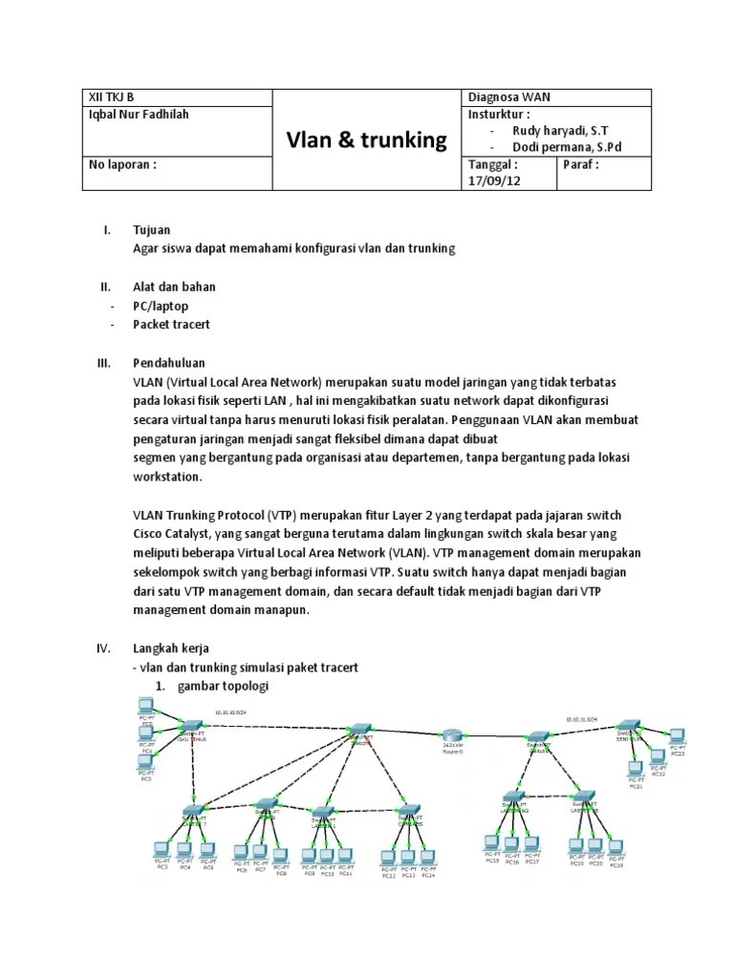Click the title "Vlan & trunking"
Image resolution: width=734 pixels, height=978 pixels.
pyautogui.click(x=367, y=140)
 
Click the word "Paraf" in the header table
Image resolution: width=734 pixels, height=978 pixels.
pyautogui.click(x=581, y=163)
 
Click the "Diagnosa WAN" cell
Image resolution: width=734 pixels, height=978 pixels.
pyautogui.click(x=508, y=97)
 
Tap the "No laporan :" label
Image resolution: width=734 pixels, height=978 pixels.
pyautogui.click(x=122, y=163)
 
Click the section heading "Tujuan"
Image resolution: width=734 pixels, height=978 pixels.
pyautogui.click(x=151, y=230)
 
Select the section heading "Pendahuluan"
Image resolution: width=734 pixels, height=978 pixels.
pyautogui.click(x=168, y=364)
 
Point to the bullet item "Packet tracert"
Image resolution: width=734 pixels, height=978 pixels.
pyautogui.click(x=171, y=325)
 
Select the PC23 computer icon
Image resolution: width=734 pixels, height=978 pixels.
pyautogui.click(x=677, y=737)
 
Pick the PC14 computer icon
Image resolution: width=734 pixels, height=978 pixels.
pyautogui.click(x=427, y=858)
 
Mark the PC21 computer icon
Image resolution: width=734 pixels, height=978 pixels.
pyautogui.click(x=636, y=769)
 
